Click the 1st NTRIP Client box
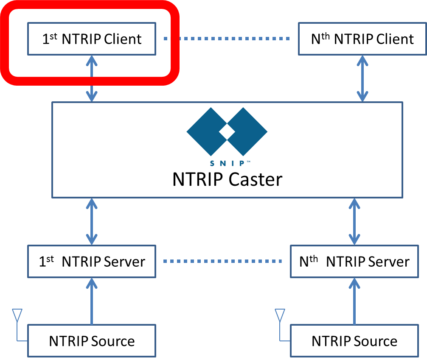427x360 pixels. pos(92,39)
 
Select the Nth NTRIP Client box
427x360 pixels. pos(362,39)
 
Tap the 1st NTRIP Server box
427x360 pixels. pos(92,261)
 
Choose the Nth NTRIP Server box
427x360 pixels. pos(354,261)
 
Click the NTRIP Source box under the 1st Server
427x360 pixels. pos(92,341)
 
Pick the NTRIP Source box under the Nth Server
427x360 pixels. pos(354,341)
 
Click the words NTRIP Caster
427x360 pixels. pos(227,179)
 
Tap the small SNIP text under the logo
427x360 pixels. pos(227,163)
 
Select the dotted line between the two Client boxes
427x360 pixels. pos(227,39)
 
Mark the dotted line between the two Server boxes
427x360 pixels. pos(223,261)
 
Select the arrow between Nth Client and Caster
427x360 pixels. pos(362,78)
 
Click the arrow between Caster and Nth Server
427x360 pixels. pos(354,221)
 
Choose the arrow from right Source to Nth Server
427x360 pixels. pos(354,301)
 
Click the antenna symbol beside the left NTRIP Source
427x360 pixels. pos(17,316)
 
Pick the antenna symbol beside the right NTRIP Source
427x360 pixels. pos(279,316)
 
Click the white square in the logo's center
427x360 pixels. pos(227,132)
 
